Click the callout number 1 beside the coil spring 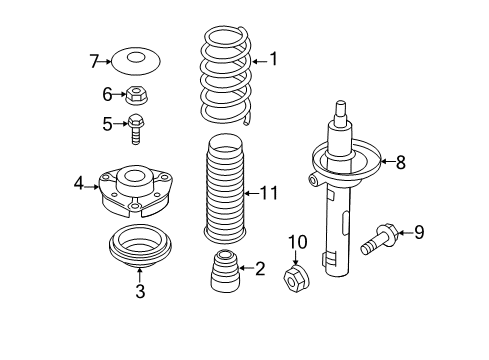coord(274,59)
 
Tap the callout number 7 coord(94,61)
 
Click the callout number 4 coord(79,183)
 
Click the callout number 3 coord(140,291)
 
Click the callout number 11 coord(269,193)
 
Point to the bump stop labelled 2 coord(225,271)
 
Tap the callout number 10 coord(298,242)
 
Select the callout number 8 coord(400,162)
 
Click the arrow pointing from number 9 coord(405,232)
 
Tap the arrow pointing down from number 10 coord(296,258)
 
